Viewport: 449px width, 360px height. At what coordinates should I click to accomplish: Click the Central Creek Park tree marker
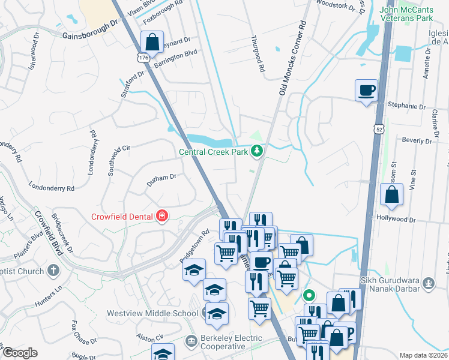258,151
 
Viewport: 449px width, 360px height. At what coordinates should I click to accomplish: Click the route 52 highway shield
378,128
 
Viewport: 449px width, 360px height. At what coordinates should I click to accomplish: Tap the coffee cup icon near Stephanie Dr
367,91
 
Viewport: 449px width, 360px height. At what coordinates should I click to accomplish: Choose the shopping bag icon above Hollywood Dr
392,194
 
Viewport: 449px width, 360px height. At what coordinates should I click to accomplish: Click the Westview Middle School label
152,313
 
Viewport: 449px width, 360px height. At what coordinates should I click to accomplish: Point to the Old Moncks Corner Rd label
292,58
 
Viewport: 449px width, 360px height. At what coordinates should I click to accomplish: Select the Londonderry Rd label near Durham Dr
50,188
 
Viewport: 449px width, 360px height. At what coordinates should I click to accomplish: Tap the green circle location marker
309,295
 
